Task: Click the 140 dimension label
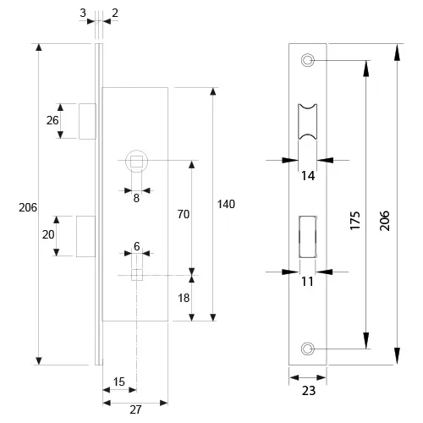coord(226,204)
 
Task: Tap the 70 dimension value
coord(184,214)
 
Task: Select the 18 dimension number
coord(184,298)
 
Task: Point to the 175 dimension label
coord(355,221)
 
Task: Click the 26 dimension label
coord(52,120)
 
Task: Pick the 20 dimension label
coord(48,234)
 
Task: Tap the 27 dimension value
coord(135,409)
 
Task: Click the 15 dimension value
coord(118,382)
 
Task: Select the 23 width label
coord(309,391)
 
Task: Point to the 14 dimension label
coord(308,176)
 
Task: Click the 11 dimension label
coord(307,282)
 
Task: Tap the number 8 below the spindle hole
coord(136,198)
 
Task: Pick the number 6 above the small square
coord(137,246)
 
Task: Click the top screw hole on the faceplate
coord(308,60)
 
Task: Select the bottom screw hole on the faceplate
coord(307,349)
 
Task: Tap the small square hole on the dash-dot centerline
coord(137,275)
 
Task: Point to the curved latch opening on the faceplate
coord(308,122)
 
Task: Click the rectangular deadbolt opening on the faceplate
coord(308,237)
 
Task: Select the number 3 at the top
coord(83,13)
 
